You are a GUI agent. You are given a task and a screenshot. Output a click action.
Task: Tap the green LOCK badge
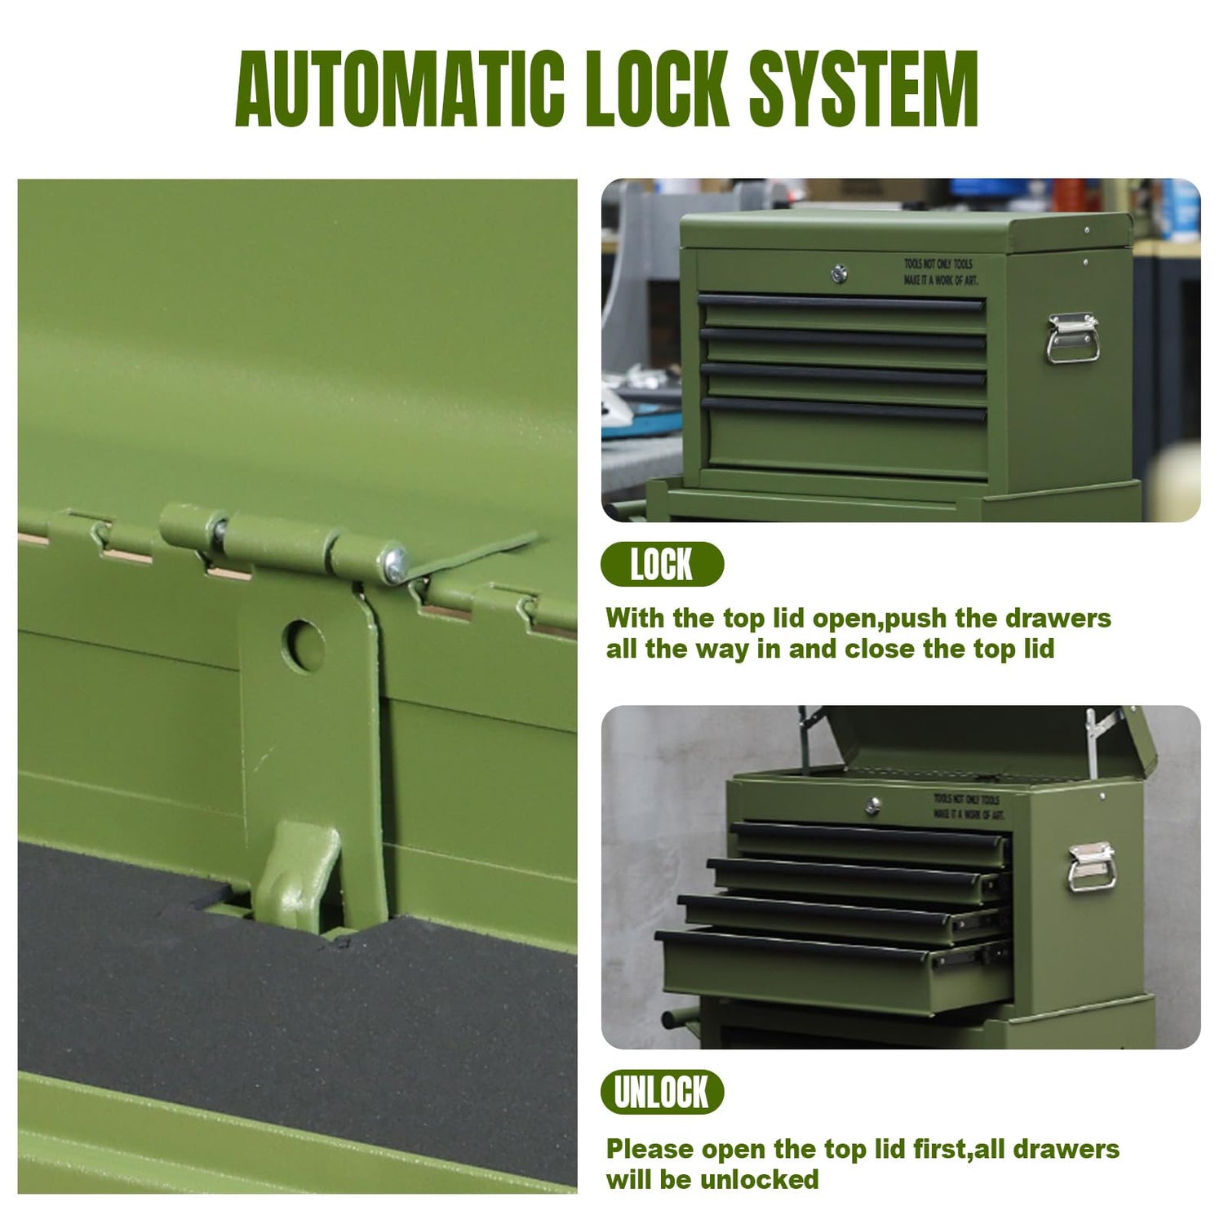point(662,565)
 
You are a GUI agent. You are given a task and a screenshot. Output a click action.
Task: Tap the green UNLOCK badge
point(662,1092)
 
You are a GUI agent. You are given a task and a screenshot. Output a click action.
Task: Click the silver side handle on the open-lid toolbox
point(1091,867)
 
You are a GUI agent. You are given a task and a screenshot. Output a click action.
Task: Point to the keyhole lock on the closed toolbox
point(839,273)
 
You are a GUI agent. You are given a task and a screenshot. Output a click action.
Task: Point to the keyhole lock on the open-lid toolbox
point(872,806)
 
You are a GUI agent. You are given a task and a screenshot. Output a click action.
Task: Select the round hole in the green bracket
point(304,645)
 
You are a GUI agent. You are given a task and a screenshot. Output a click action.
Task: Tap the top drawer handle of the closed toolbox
point(842,303)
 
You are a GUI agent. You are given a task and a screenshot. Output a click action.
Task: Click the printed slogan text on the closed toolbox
point(940,272)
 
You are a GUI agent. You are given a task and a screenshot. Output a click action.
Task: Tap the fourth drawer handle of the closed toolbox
point(844,407)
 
